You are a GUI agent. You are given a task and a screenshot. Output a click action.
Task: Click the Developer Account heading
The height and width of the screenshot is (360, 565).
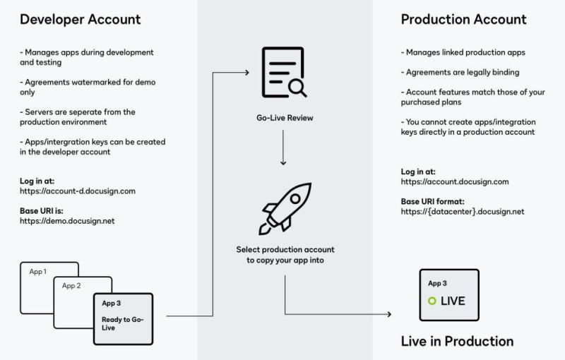click(81, 19)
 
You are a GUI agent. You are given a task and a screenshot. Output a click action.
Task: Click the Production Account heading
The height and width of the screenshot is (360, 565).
click(463, 19)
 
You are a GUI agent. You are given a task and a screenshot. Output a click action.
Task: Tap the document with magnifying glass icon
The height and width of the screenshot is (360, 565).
click(283, 73)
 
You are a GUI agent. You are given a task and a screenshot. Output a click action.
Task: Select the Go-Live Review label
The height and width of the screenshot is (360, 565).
click(285, 118)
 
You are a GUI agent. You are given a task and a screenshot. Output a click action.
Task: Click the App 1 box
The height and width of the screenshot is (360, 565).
click(38, 272)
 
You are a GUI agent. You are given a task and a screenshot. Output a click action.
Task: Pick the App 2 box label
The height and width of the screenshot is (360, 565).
click(71, 286)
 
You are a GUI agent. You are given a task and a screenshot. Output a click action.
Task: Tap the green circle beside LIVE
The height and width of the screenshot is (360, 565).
click(432, 301)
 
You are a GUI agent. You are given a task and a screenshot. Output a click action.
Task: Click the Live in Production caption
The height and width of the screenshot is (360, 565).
click(457, 342)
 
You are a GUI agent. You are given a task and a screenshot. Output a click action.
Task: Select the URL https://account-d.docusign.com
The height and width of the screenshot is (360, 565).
click(77, 191)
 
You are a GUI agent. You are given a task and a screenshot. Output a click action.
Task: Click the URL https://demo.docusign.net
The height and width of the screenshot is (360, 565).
click(67, 221)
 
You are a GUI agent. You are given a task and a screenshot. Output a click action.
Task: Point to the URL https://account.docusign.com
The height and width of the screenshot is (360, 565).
click(454, 181)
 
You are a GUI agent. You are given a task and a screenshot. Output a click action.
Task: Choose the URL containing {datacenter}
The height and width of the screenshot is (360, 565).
click(463, 212)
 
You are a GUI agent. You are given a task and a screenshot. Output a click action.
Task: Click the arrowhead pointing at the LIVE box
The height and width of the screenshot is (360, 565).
click(389, 314)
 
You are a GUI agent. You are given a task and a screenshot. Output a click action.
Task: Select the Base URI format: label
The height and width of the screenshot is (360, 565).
click(434, 201)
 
